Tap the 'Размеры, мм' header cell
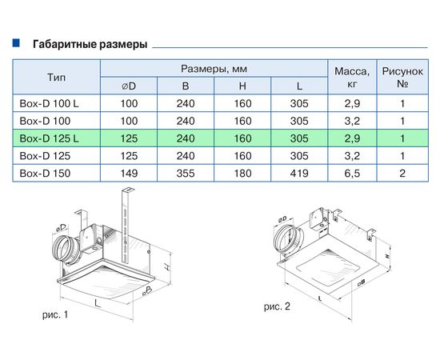(x=214, y=68)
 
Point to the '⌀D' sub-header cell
(x=128, y=86)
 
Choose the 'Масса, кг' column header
(x=353, y=77)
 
